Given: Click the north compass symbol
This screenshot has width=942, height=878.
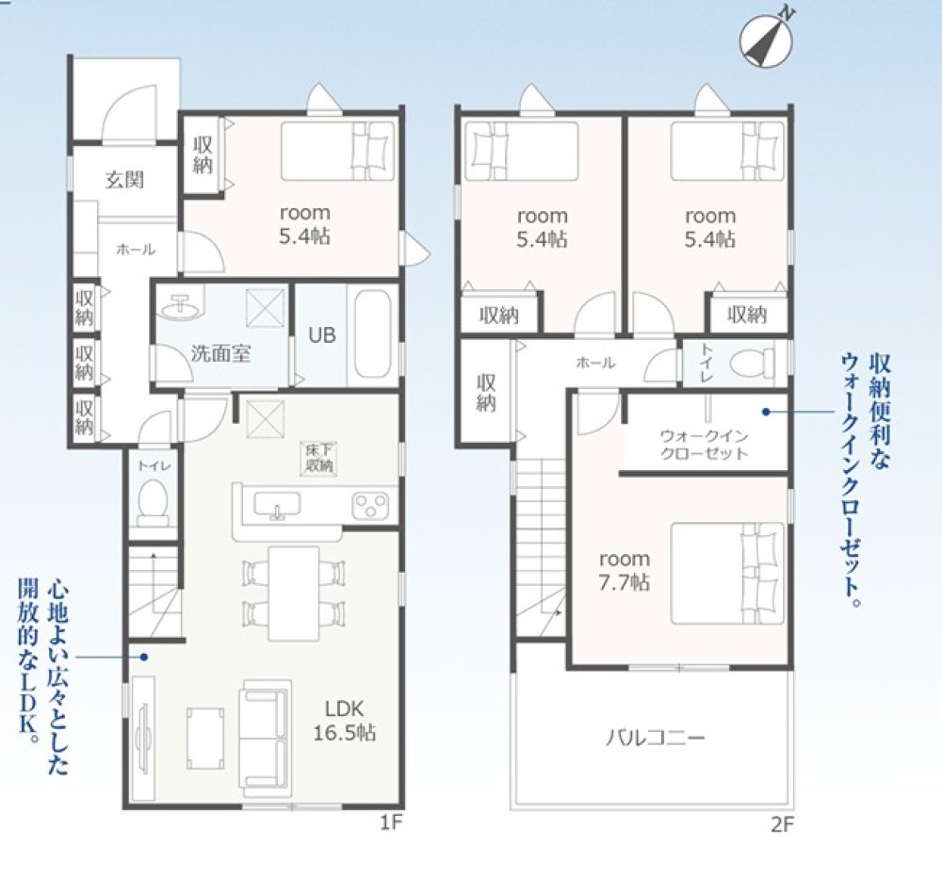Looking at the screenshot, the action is tap(767, 38).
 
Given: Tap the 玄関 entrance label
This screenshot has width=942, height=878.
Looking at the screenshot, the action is tap(125, 179).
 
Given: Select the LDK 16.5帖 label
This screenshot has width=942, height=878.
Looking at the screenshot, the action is tap(345, 721).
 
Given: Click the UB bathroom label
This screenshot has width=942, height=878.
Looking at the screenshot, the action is tap(322, 334).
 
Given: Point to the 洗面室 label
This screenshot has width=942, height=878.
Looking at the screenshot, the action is tap(220, 353).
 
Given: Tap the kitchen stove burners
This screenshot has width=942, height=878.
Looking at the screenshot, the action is tap(370, 504).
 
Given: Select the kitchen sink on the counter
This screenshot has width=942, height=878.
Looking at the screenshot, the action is tap(277, 505).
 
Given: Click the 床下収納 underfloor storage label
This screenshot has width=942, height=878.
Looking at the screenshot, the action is tap(318, 458).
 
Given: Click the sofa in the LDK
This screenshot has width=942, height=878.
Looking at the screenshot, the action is tap(266, 734).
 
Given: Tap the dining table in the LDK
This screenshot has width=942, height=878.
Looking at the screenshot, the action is tap(294, 593).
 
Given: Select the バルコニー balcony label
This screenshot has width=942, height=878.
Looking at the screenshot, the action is tap(655, 738).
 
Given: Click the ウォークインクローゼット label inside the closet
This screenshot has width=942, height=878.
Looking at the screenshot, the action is tap(704, 445).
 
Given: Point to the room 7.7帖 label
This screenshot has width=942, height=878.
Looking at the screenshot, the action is tap(625, 570).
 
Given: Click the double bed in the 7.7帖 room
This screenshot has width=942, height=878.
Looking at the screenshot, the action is tap(727, 573).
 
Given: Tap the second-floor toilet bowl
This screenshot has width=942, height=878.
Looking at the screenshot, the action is tap(751, 363).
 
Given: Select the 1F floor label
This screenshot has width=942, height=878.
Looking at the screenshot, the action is tap(391, 822).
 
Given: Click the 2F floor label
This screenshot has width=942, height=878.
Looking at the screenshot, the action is tap(782, 825).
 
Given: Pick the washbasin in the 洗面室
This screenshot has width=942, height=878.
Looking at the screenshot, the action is tap(179, 306).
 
